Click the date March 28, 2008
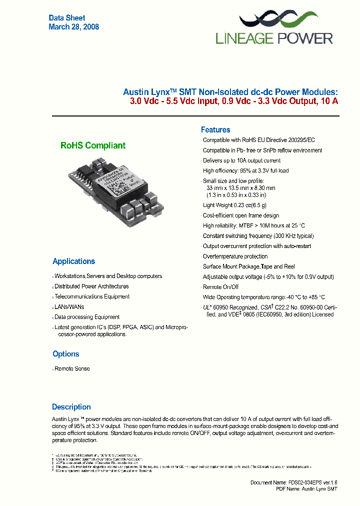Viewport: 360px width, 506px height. tap(73, 27)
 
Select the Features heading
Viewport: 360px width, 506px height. tap(215, 129)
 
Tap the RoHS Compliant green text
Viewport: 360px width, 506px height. tap(93, 145)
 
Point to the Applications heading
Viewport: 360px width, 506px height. tap(73, 261)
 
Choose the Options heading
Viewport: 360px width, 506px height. tap(65, 354)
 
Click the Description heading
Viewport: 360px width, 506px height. tap(71, 407)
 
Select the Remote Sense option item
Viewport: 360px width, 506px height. tap(72, 368)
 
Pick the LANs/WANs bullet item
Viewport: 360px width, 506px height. tap(69, 306)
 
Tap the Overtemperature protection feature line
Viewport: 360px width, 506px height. tap(235, 256)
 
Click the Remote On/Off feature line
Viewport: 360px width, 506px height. tap(220, 287)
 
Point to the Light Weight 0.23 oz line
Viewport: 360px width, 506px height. tap(234, 205)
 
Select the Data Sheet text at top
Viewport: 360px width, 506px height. tap(67, 18)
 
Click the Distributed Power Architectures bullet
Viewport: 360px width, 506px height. tap(91, 286)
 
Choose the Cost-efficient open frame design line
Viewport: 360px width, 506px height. tap(241, 215)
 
